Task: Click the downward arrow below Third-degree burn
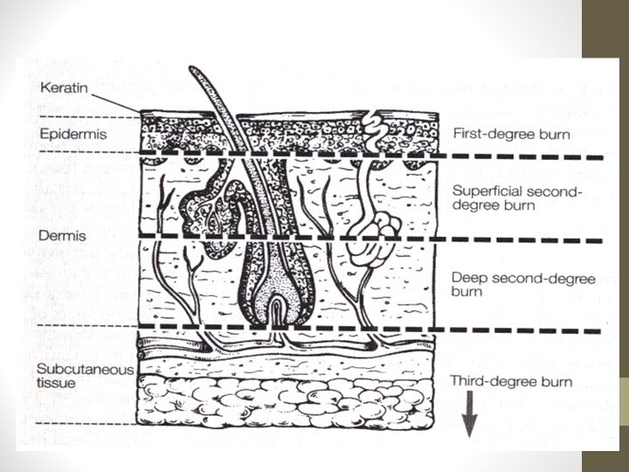click(469, 418)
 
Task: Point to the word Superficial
click(484, 191)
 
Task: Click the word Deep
click(468, 278)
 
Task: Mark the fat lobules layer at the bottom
click(288, 398)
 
